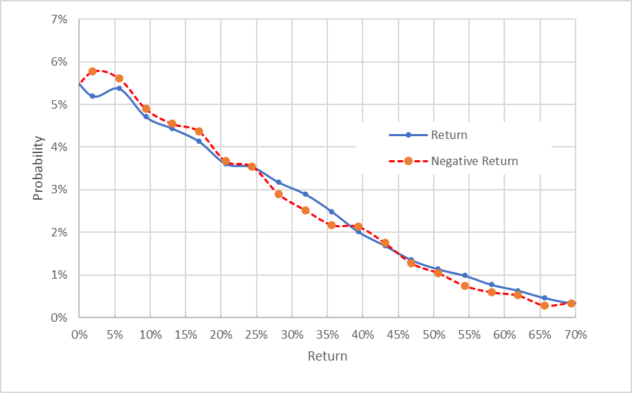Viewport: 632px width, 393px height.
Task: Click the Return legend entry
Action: tap(449, 135)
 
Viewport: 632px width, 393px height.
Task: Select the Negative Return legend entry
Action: tap(474, 161)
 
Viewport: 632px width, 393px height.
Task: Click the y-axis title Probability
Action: tap(38, 169)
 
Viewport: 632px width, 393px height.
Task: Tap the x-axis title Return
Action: tap(327, 356)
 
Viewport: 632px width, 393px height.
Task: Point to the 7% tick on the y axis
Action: tap(58, 20)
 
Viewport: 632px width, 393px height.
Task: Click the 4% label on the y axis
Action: tap(58, 147)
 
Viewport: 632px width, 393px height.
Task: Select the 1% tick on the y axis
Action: tap(58, 275)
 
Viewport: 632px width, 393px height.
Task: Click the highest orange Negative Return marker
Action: tap(92, 71)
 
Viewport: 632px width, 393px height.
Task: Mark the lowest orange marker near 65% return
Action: tap(545, 306)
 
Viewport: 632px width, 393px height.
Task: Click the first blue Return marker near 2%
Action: tap(92, 96)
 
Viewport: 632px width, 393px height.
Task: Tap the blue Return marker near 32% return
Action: tap(305, 194)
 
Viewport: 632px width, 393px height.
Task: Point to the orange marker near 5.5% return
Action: tap(119, 78)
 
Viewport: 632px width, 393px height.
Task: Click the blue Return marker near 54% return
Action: tap(465, 275)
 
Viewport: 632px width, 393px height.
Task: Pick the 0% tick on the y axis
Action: tap(58, 318)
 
